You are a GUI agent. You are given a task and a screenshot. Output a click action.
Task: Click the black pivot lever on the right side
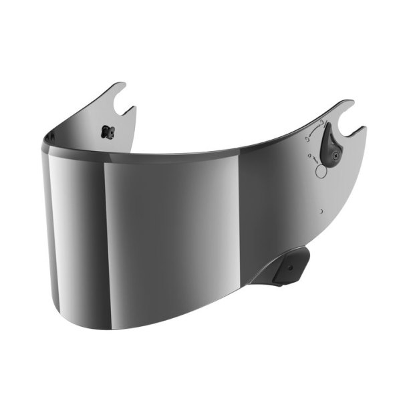pos(330,146)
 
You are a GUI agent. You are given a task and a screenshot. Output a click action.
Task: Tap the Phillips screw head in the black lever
pos(332,155)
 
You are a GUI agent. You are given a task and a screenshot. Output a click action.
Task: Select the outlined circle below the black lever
pos(321,171)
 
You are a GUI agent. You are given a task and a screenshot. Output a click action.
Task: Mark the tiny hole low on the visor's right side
pos(321,211)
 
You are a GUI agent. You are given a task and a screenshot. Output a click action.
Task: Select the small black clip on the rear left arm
pos(105,130)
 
